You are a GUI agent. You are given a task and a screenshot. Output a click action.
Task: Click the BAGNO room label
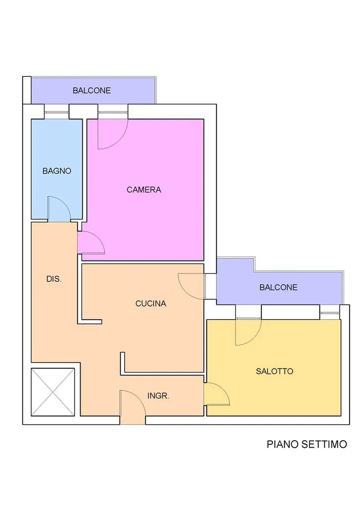pos(57,171)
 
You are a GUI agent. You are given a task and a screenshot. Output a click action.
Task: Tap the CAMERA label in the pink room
pos(144,190)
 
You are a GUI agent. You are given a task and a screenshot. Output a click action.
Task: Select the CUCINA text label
pos(151,303)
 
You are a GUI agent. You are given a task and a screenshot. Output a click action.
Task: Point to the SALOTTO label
pos(274,371)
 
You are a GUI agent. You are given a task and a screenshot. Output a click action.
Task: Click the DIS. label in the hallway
pos(54,279)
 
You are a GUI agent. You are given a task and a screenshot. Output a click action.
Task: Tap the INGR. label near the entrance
pos(158,396)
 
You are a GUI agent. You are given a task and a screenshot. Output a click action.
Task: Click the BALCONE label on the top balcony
pos(92,91)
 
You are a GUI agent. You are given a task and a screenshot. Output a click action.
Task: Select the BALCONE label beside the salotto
pos(278,287)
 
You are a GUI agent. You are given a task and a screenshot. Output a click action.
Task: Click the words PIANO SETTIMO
pos(307,444)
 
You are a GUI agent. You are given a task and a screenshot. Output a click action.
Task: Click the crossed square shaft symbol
pos(53,392)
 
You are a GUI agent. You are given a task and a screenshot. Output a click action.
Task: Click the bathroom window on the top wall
pos(57,112)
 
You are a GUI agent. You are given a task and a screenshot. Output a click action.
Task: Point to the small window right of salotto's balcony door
pos(330,313)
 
